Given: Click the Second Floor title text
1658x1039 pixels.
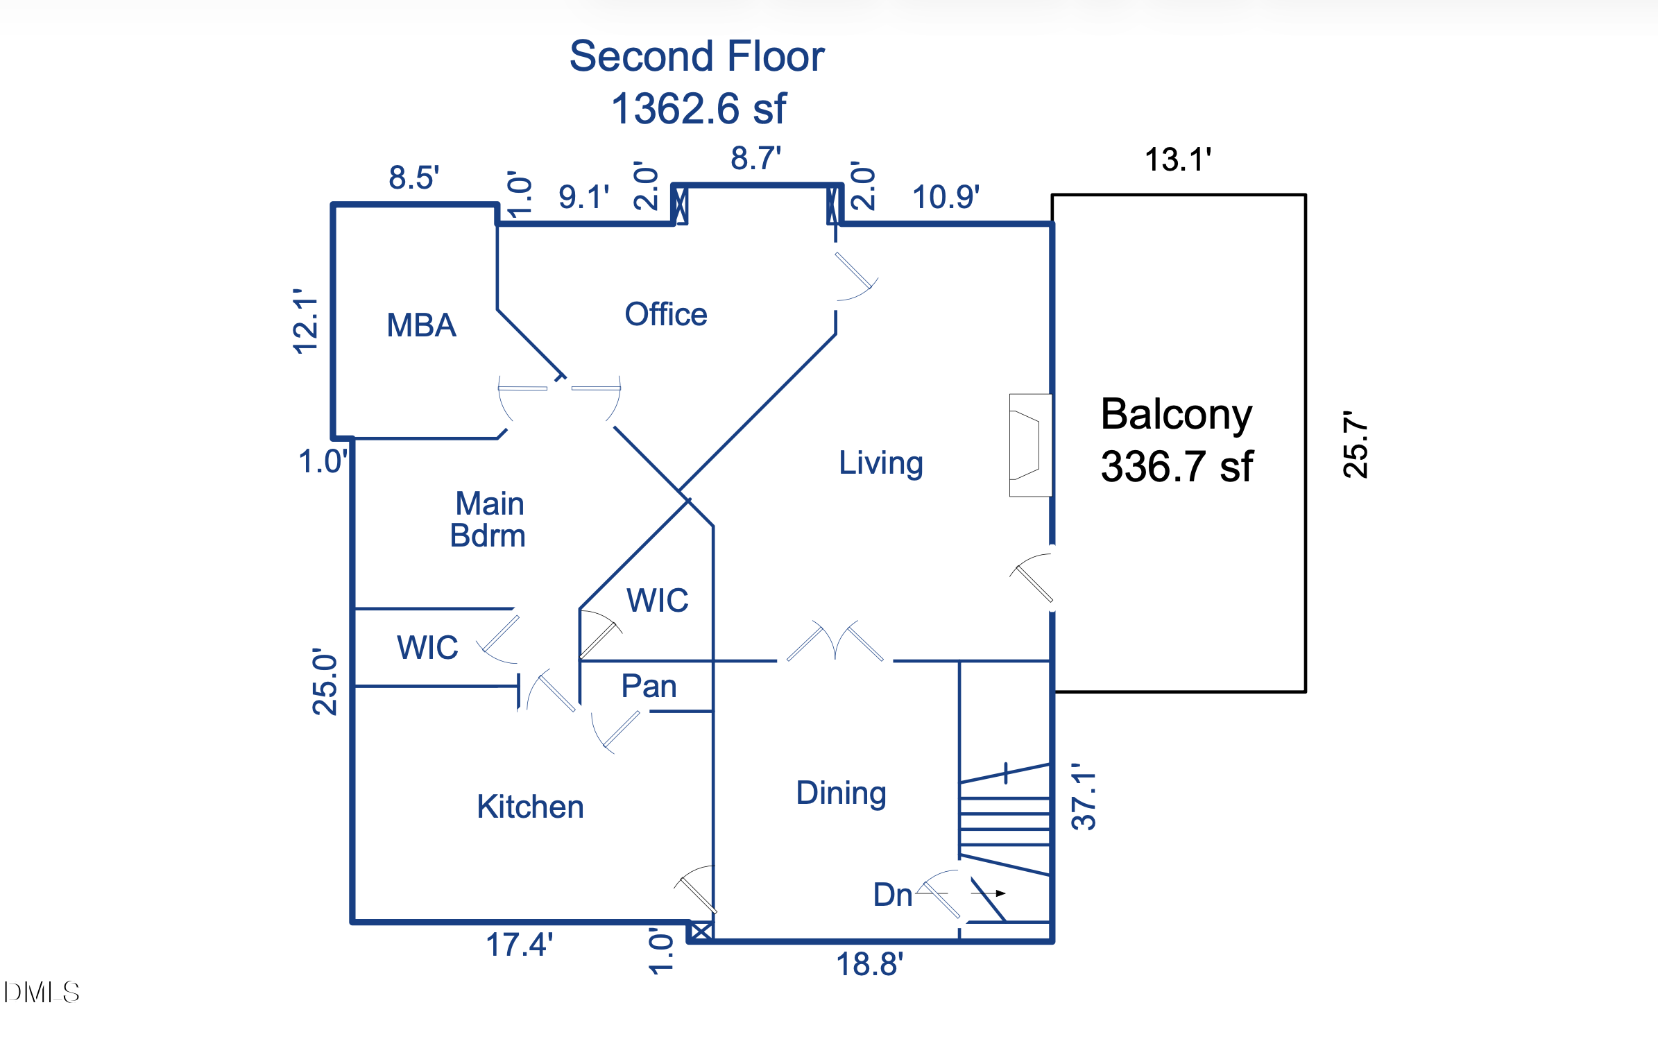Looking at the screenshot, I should (696, 56).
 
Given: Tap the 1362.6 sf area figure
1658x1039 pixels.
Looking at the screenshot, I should (699, 109).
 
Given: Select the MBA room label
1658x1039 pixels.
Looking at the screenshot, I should (421, 325).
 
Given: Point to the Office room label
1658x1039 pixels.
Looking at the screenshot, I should (665, 314).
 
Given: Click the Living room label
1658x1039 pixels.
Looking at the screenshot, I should (880, 463).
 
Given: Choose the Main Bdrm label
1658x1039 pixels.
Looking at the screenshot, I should (488, 519).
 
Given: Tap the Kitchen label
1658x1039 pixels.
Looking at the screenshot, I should (530, 807).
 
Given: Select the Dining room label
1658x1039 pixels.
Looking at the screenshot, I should (841, 793).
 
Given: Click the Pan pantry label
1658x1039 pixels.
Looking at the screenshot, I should (649, 686).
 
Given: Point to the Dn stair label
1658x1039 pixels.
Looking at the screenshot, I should (892, 895).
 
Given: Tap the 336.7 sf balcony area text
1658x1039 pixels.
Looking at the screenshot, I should (1177, 466).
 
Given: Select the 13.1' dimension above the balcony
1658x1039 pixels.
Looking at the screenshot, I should (1177, 160).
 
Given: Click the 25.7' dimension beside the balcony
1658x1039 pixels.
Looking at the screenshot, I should (1355, 445).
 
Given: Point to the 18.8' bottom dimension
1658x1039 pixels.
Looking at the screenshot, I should (869, 964).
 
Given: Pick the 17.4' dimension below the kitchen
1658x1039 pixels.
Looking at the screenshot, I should (519, 945).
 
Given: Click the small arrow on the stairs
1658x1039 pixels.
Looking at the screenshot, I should (1000, 893).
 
